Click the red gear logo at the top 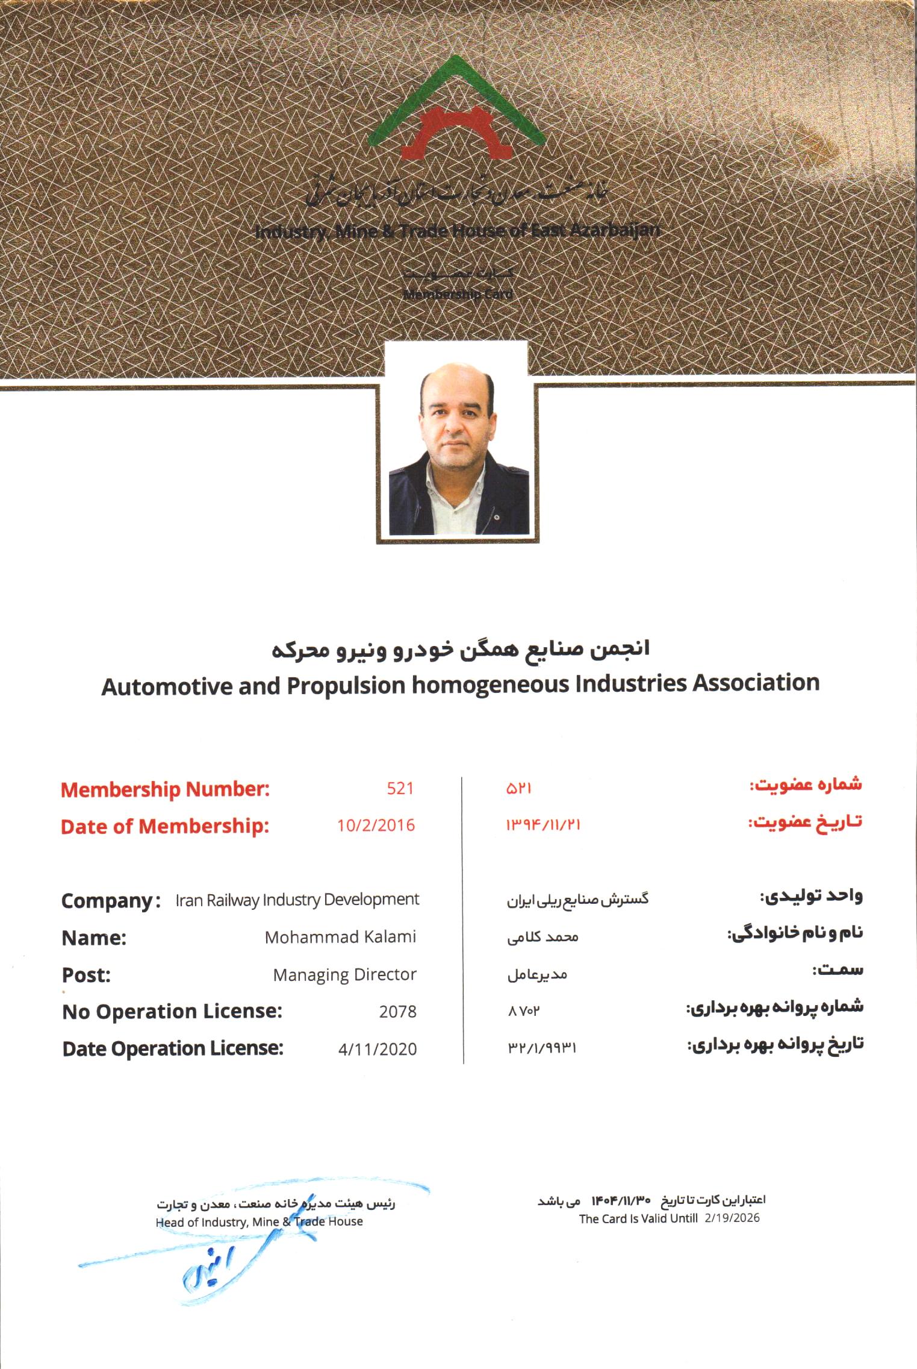458,133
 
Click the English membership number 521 400,789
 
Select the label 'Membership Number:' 165,789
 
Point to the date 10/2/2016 376,825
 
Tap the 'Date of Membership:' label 165,827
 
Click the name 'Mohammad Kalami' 340,937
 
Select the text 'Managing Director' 344,974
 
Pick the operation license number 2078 397,1012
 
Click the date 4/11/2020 378,1049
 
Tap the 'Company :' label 111,901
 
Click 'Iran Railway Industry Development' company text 297,900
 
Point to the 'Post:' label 86,975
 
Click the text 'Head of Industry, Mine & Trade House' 259,1221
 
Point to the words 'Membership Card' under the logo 458,295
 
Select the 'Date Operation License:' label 173,1048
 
